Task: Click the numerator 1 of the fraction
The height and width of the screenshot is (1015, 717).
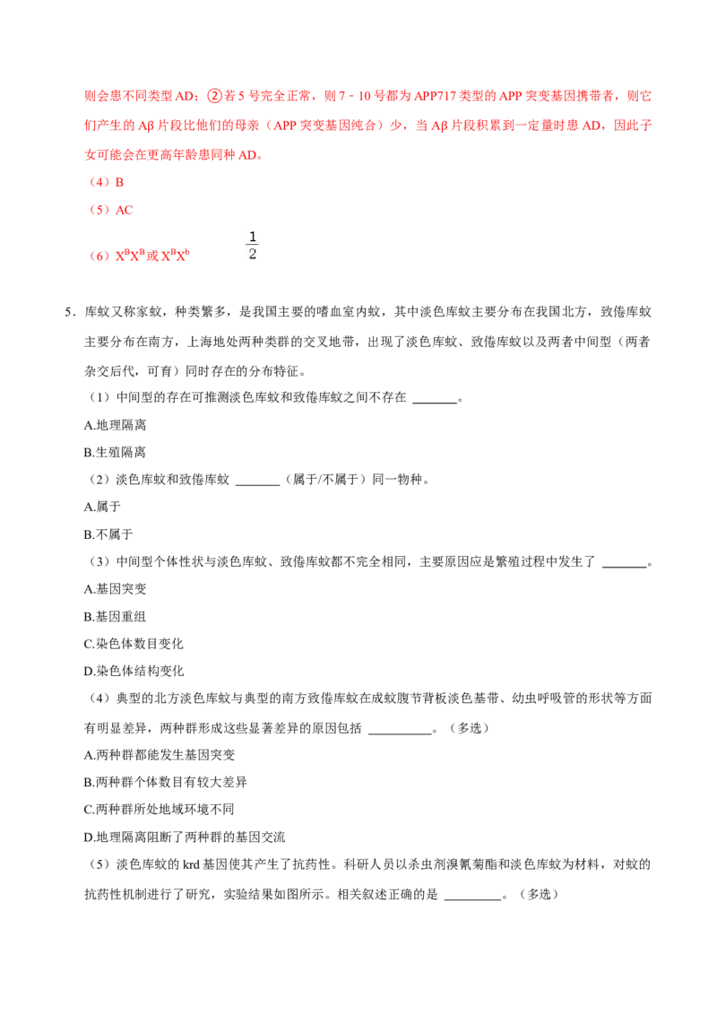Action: click(x=253, y=237)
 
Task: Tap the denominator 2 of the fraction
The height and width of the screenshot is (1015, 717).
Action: click(x=253, y=254)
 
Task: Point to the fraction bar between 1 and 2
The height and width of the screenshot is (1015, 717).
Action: click(x=253, y=245)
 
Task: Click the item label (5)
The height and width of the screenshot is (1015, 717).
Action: click(x=99, y=209)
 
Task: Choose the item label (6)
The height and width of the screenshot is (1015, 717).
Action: click(x=99, y=256)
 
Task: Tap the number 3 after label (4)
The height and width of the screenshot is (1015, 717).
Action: click(x=120, y=182)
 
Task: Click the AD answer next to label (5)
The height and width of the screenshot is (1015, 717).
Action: click(x=125, y=209)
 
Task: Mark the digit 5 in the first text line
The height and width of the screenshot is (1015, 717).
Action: click(x=240, y=96)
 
